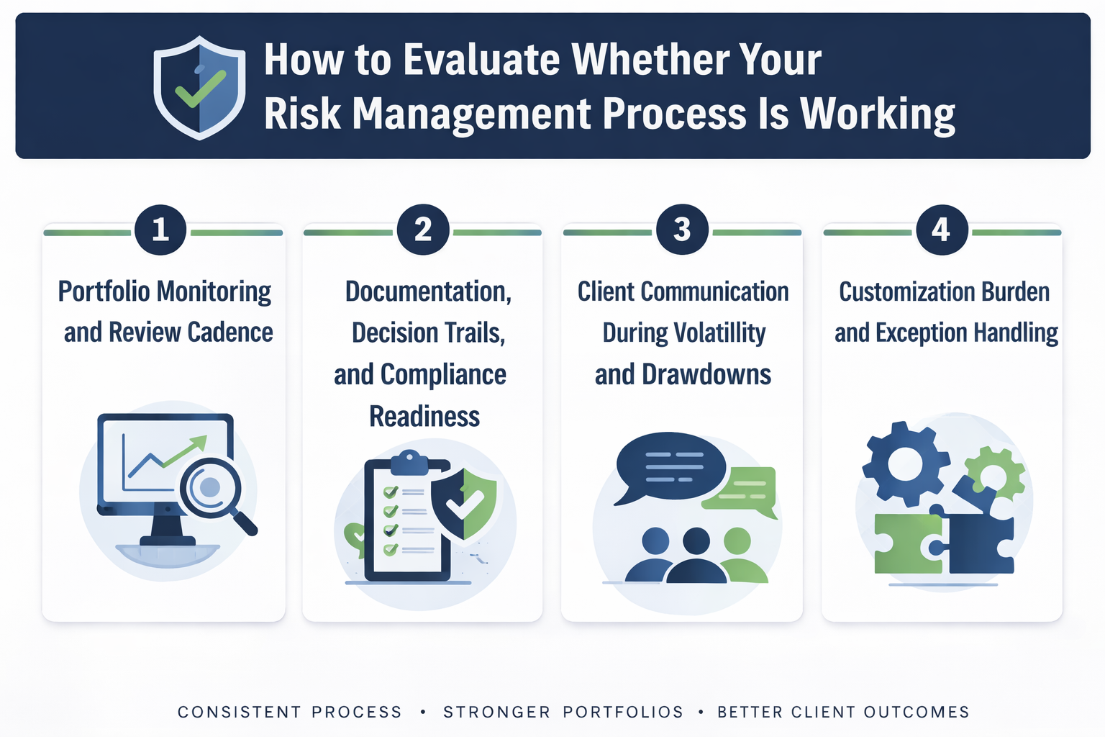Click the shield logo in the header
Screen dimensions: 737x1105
tap(199, 88)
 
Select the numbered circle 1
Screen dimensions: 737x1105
tap(160, 230)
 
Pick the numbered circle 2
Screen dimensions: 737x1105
tap(423, 230)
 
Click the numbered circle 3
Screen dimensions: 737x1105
tap(682, 230)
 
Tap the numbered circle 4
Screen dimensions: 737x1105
tap(941, 230)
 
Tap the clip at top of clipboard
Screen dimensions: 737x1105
tap(409, 461)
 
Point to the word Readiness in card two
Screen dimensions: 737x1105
tap(424, 417)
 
